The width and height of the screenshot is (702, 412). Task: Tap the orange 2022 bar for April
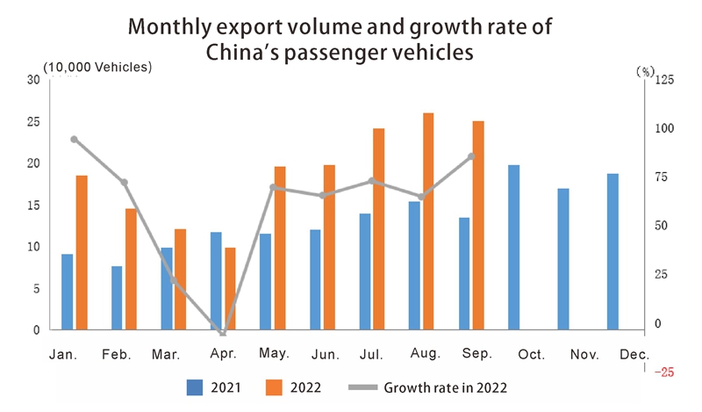[x=230, y=289]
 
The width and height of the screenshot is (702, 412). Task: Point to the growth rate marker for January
[x=74, y=139]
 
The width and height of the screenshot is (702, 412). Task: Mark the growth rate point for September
[x=471, y=156]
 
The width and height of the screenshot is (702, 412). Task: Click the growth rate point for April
[x=223, y=333]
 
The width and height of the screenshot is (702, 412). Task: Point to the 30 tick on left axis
[x=33, y=80]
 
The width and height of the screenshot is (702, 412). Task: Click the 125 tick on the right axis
[x=663, y=80]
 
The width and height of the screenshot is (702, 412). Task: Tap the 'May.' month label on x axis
[x=275, y=353]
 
